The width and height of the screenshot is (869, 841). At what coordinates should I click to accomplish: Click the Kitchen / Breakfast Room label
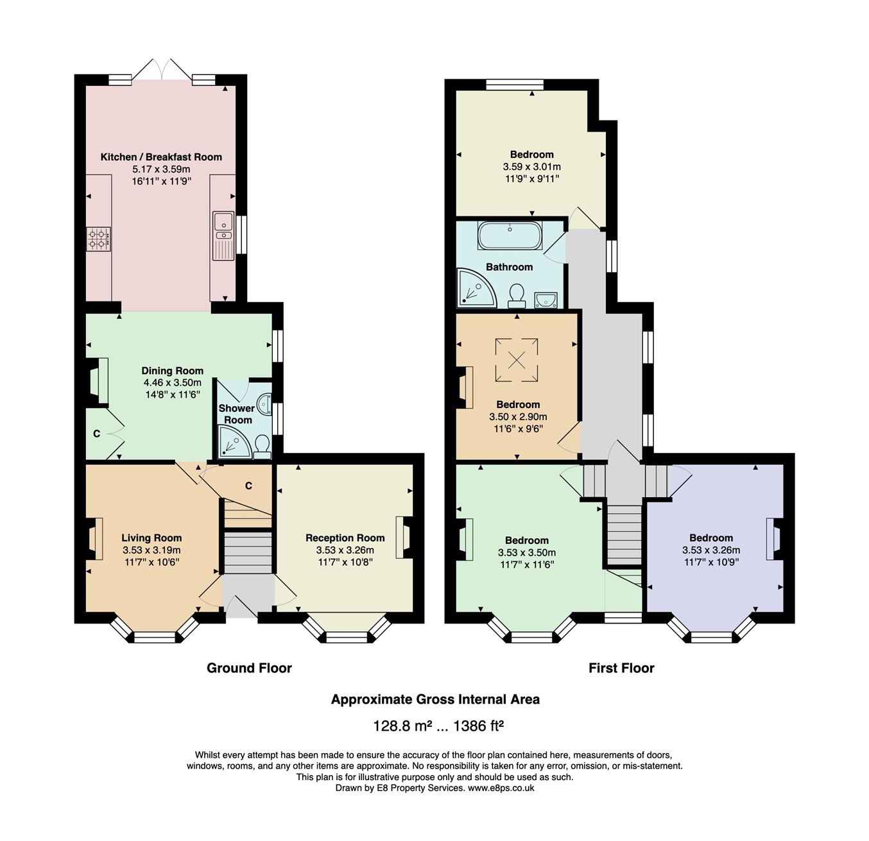click(x=161, y=157)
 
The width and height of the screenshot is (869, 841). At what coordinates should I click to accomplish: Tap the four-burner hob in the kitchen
click(x=99, y=239)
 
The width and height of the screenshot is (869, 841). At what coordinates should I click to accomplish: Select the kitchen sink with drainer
click(x=223, y=235)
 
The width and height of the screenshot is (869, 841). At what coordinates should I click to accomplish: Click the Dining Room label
click(x=172, y=371)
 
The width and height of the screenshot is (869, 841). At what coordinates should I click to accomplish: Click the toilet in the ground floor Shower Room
click(x=262, y=446)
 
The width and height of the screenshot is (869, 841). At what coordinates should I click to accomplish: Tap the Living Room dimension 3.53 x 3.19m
click(x=151, y=550)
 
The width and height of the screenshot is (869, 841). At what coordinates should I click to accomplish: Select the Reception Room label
click(x=345, y=538)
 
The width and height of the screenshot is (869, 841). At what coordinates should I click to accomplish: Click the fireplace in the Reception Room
click(x=404, y=537)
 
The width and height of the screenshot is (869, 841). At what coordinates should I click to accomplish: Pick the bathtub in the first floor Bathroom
click(x=510, y=235)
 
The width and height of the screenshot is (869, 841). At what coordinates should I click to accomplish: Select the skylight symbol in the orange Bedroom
click(x=517, y=361)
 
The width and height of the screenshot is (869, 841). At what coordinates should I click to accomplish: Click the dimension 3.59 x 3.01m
click(x=531, y=167)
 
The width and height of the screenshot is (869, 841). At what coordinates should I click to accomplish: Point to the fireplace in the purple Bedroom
click(x=773, y=539)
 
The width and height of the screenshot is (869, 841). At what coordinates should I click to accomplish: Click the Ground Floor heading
click(x=249, y=668)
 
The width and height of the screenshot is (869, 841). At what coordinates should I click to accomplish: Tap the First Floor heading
click(x=621, y=668)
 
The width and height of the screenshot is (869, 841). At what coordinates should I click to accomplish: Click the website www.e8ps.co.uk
click(x=501, y=788)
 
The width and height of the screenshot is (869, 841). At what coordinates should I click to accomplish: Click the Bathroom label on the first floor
click(x=509, y=267)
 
